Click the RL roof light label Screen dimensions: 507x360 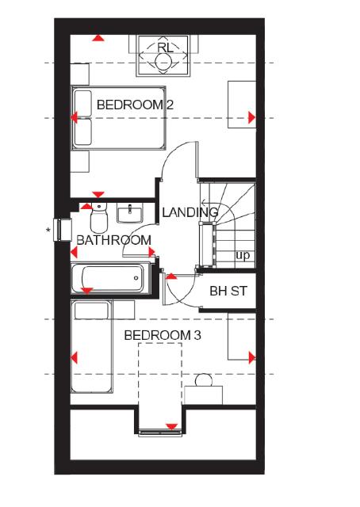coord(165,48)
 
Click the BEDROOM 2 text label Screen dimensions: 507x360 coord(135,105)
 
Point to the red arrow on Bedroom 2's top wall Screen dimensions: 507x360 coord(98,38)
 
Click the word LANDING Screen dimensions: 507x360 coord(190,212)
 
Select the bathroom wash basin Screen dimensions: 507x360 coord(129,212)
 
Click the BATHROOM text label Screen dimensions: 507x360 coord(113,240)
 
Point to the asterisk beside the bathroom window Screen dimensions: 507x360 coord(48,231)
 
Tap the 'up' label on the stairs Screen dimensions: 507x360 coord(243,256)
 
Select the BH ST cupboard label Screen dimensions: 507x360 coord(229,291)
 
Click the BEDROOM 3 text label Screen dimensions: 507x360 coord(163,335)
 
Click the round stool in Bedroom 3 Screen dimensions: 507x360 coord(204,382)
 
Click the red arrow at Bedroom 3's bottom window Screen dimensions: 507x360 coord(170,428)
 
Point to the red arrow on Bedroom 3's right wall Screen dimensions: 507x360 coord(251,356)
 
